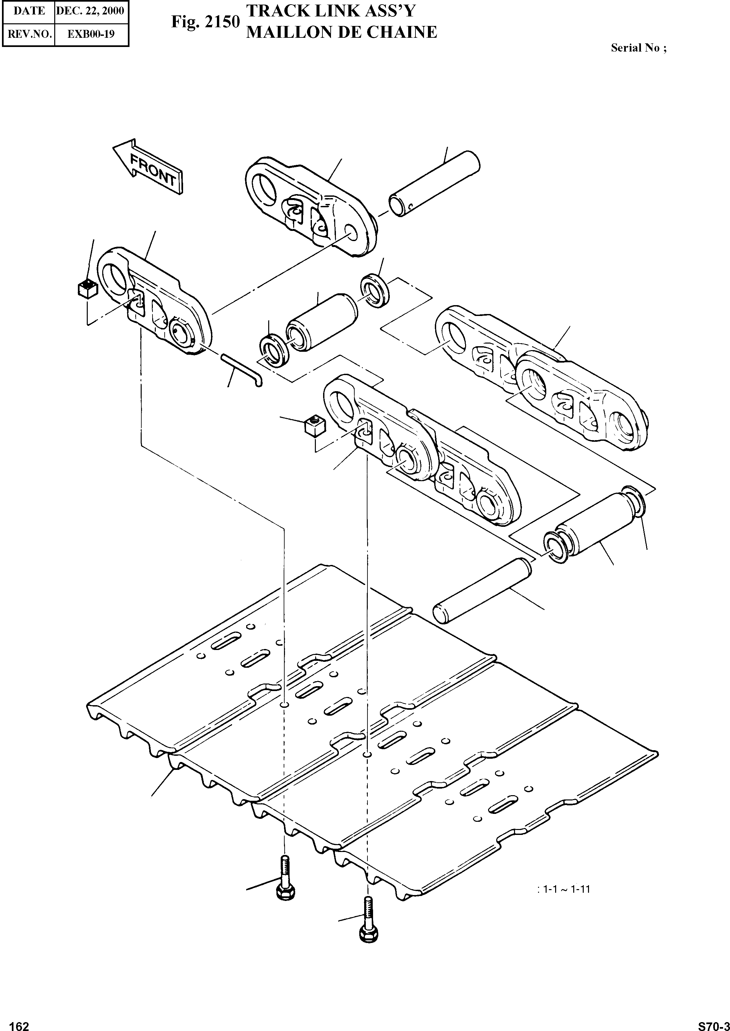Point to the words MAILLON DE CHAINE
[341, 32]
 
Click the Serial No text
[638, 48]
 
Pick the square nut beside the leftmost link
[87, 288]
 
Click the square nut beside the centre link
[315, 425]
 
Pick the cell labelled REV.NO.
[29, 34]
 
